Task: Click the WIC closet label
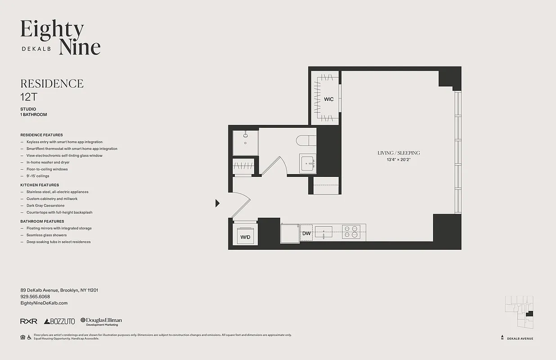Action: [329, 99]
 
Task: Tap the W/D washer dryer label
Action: [245, 237]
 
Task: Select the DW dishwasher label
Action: [306, 234]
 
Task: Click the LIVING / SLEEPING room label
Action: [399, 153]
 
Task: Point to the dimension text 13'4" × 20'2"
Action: [399, 160]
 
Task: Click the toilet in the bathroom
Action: [306, 141]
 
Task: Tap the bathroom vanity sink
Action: [308, 163]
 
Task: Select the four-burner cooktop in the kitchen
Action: [351, 232]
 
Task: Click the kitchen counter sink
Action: [323, 233]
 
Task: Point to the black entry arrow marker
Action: [218, 203]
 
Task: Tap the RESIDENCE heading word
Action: [52, 84]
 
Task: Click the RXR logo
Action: [29, 321]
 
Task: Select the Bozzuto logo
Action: [59, 321]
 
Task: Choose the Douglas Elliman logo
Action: [101, 321]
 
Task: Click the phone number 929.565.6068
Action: [35, 297]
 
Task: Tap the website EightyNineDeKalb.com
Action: [44, 303]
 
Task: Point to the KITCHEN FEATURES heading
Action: [40, 185]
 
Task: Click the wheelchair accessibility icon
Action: [29, 337]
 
